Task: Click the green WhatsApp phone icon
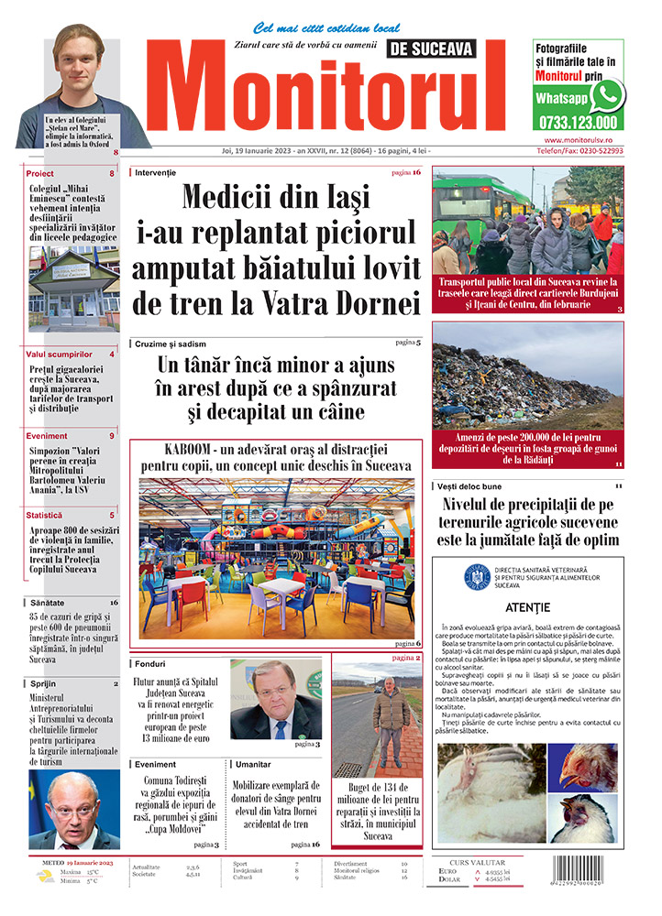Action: (607, 95)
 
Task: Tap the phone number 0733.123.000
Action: (579, 122)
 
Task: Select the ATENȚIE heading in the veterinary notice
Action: (527, 607)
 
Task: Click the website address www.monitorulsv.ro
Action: (584, 139)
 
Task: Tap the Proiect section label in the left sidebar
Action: (40, 173)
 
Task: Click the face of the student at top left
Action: (78, 64)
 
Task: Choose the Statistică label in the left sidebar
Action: (45, 515)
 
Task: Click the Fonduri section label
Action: (149, 662)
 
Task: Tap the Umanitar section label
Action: (253, 763)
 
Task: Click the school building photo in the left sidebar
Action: (73, 290)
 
